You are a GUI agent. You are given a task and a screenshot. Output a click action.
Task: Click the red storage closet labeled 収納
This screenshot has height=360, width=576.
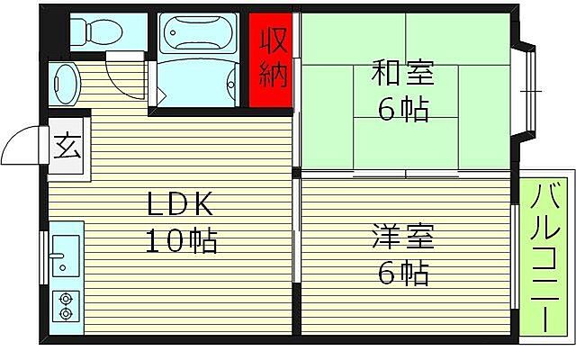pyautogui.click(x=273, y=59)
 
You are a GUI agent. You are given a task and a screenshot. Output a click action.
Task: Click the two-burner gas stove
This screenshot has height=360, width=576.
pyautogui.click(x=65, y=306)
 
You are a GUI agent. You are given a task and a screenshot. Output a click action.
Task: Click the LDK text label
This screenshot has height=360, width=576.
pyautogui.click(x=181, y=204)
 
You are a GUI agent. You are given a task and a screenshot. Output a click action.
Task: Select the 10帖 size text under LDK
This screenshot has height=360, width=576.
pyautogui.click(x=181, y=240)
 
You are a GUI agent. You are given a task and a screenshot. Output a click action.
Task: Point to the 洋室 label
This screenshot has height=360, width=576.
pyautogui.click(x=402, y=238)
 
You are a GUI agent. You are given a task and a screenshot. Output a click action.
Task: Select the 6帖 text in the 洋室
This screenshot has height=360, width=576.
pyautogui.click(x=402, y=273)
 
